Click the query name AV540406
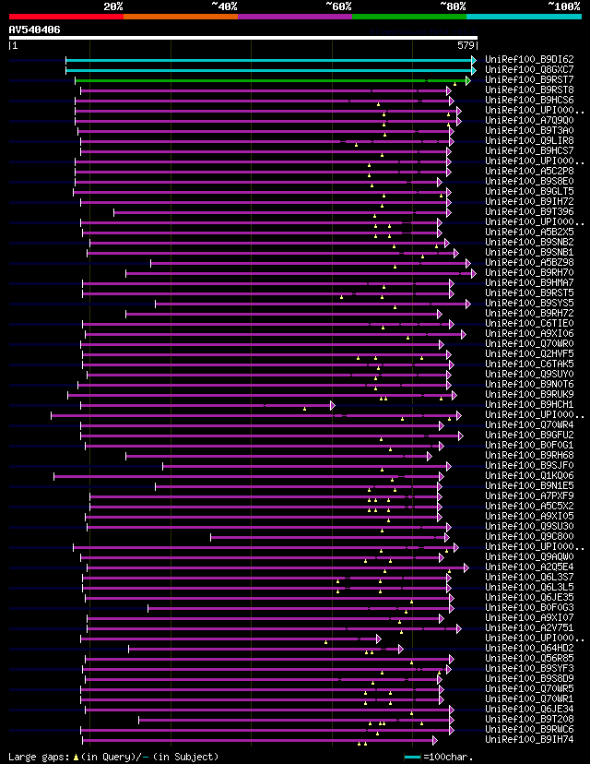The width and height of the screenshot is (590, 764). coord(34,30)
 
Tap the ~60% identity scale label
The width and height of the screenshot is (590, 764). coord(338,6)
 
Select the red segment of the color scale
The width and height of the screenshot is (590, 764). coord(65,17)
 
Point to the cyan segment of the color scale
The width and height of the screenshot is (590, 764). coord(524,17)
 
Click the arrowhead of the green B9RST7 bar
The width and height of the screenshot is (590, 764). coord(467,80)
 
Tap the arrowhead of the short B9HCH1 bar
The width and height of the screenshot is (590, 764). coord(332,405)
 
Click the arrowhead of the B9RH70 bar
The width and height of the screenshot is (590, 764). coord(474,273)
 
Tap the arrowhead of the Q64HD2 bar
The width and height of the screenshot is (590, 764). coord(401,649)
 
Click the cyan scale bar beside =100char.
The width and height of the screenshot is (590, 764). coord(413,757)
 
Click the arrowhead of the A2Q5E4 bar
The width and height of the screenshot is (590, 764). coord(466,567)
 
